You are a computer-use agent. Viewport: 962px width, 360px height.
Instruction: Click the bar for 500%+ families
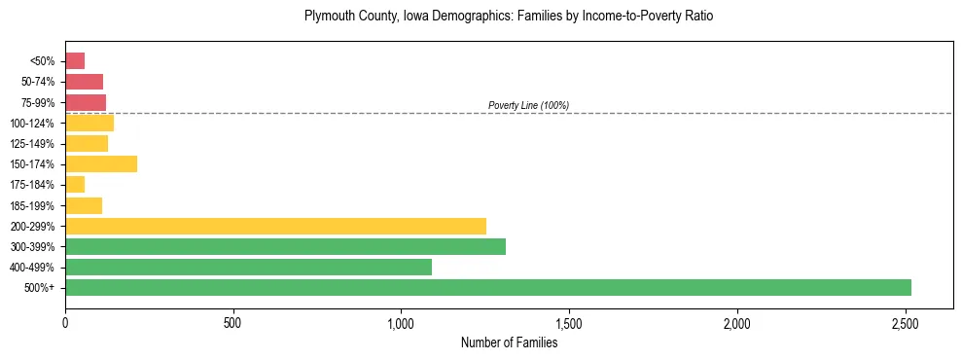coord(487,287)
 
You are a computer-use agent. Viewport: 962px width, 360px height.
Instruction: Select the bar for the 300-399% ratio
coord(285,246)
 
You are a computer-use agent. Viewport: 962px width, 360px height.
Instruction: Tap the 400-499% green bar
coord(248,267)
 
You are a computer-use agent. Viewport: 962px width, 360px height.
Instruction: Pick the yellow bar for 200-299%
coord(275,226)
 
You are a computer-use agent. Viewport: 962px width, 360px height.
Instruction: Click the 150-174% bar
coord(101,163)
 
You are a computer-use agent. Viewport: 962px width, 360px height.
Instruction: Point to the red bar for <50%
coord(75,60)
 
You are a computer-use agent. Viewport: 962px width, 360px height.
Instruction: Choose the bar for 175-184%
coord(75,184)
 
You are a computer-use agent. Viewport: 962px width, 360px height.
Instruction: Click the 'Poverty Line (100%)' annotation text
coord(528,105)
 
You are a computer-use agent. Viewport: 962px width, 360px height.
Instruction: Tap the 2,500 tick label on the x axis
coord(906,322)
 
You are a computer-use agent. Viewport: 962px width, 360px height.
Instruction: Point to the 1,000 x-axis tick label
coord(401,322)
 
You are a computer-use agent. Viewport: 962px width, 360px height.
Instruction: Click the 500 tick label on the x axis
coord(232,322)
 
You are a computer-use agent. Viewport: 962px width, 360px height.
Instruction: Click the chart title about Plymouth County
coord(509,17)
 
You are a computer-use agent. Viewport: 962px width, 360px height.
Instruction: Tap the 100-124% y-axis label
coord(32,123)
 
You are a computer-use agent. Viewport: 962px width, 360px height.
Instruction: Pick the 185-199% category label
coord(32,205)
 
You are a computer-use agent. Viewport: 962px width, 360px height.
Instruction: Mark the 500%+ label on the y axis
coord(40,288)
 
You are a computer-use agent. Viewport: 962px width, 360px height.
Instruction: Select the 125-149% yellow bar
coord(87,143)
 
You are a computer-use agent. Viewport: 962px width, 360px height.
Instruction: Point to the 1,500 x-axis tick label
coord(569,322)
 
